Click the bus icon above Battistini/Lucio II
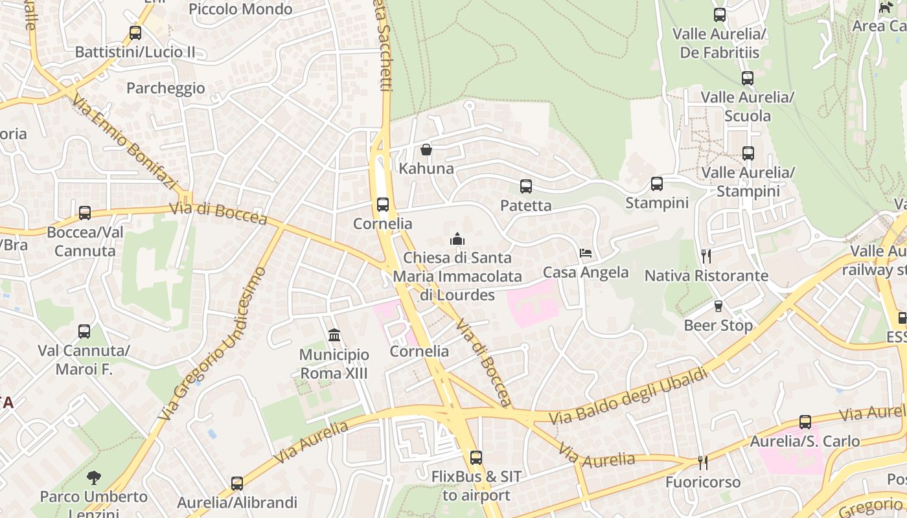click(135, 32)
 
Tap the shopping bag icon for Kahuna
click(426, 150)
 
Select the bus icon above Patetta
click(525, 186)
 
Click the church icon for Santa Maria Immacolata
click(457, 239)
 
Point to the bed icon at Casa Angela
click(586, 253)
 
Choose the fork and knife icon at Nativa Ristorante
click(706, 256)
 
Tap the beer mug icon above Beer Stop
click(718, 306)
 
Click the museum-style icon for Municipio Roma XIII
click(334, 335)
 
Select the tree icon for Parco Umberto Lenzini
click(94, 478)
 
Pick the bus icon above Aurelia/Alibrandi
click(237, 483)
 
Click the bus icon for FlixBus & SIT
click(476, 458)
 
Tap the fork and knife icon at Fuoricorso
click(702, 463)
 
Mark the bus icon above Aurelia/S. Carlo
click(805, 422)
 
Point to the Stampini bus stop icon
click(656, 184)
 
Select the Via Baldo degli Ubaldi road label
click(628, 396)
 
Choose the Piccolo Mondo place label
click(240, 9)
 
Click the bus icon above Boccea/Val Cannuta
click(85, 212)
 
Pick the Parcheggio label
click(165, 88)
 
